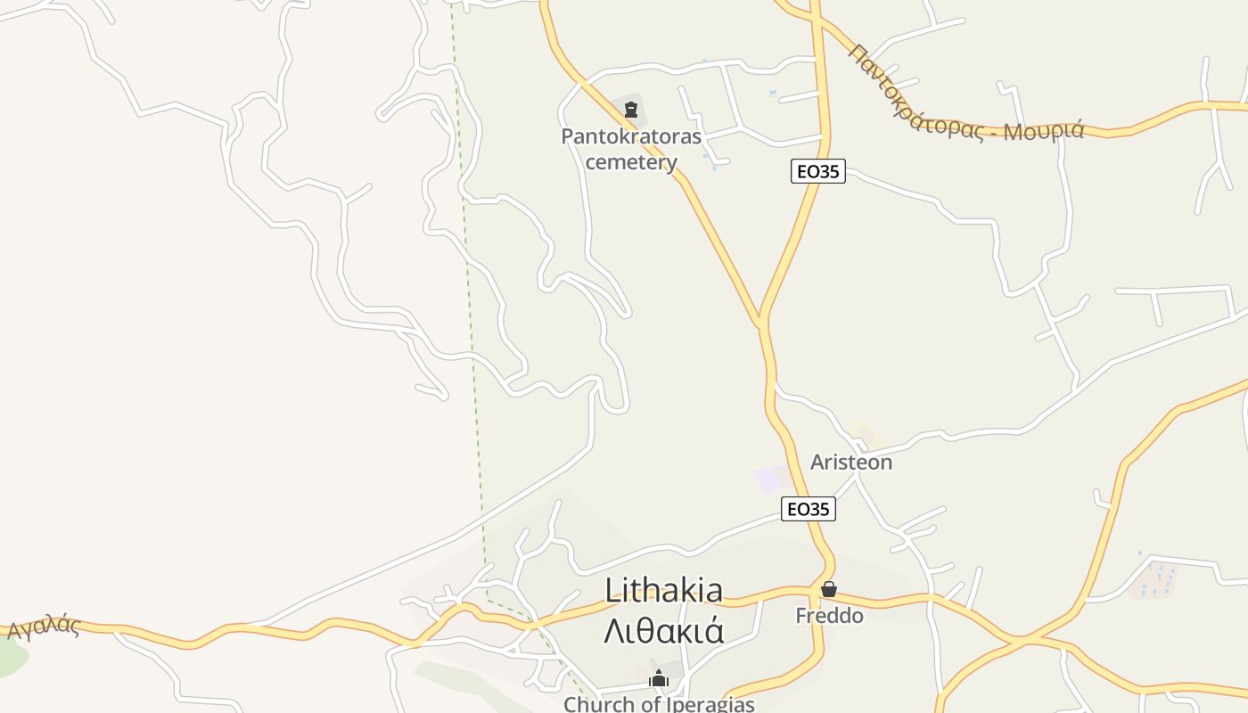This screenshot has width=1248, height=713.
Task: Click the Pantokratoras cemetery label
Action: pos(631,150)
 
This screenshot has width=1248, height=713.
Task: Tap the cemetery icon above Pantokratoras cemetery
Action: pos(631,111)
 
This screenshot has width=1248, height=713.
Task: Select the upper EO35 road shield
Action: pos(817,171)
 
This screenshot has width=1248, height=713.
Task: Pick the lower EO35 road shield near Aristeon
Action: pos(808,509)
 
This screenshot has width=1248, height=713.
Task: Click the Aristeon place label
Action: pos(850,462)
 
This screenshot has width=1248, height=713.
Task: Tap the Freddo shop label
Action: pos(829,616)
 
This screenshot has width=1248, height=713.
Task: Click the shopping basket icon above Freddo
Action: pos(829,589)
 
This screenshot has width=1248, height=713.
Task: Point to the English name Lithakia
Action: pos(663,590)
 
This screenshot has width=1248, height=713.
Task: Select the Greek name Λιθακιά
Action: pos(663,630)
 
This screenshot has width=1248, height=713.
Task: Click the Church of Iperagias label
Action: pos(659,704)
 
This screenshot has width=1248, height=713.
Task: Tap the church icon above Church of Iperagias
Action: pos(659,679)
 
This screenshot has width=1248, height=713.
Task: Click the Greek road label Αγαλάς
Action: pos(43,627)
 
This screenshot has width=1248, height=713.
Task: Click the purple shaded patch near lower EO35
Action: pos(770,479)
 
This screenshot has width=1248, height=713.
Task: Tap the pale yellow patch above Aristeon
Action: pos(863,434)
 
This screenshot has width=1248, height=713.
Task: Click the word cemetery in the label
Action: pos(631,162)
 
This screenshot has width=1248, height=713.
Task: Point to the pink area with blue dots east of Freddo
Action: pos(1154,578)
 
